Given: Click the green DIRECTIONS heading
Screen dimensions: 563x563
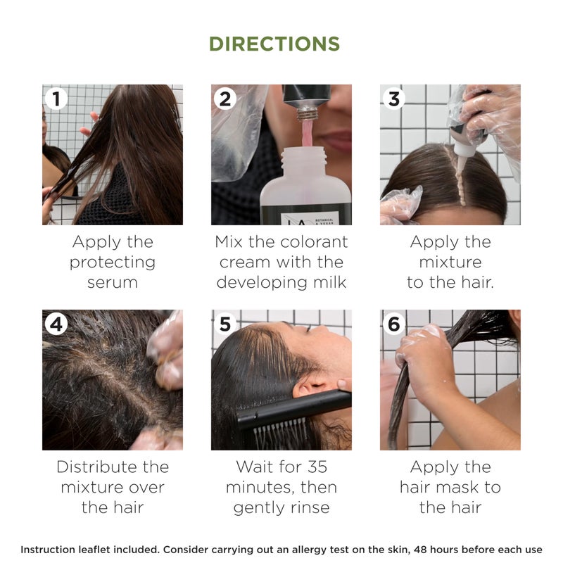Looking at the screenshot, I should (274, 44).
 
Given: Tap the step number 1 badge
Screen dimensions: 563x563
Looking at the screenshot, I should (56, 99).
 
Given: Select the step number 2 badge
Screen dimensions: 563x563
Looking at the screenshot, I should (225, 99).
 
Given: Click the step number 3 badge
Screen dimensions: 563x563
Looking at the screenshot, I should (394, 99).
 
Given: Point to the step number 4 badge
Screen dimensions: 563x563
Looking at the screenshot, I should (56, 324).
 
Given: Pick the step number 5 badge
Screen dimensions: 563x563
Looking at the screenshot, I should (225, 324).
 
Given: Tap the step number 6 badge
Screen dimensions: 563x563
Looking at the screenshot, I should (394, 324).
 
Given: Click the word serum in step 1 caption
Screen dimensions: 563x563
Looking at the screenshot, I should (113, 282).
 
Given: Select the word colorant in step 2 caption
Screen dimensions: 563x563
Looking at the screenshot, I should (311, 242).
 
